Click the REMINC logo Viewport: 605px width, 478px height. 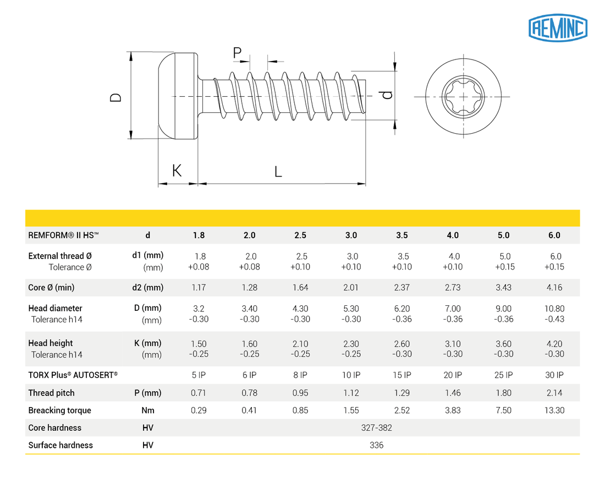point(558,27)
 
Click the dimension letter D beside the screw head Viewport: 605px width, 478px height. point(115,97)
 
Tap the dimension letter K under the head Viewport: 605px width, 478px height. point(177,171)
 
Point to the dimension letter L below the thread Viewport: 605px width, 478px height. point(278,172)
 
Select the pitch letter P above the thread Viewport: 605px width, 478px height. point(237,53)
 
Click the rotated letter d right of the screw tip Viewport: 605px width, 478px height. point(387,95)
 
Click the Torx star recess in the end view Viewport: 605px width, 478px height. point(463,97)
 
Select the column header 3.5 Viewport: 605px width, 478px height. point(402,235)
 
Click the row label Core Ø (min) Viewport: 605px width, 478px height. point(51,287)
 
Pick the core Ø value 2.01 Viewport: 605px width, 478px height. point(351,287)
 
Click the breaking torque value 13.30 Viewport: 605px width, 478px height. point(554,410)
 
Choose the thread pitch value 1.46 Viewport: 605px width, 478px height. point(452,393)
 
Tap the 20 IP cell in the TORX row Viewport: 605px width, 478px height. point(452,375)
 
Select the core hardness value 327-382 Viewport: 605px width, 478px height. point(376,428)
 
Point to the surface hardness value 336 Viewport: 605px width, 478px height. point(376,445)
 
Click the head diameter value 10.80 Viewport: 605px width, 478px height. point(554,309)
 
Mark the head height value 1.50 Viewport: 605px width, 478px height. point(199,344)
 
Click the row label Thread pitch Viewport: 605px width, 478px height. point(51,393)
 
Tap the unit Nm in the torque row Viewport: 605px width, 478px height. point(147,410)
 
